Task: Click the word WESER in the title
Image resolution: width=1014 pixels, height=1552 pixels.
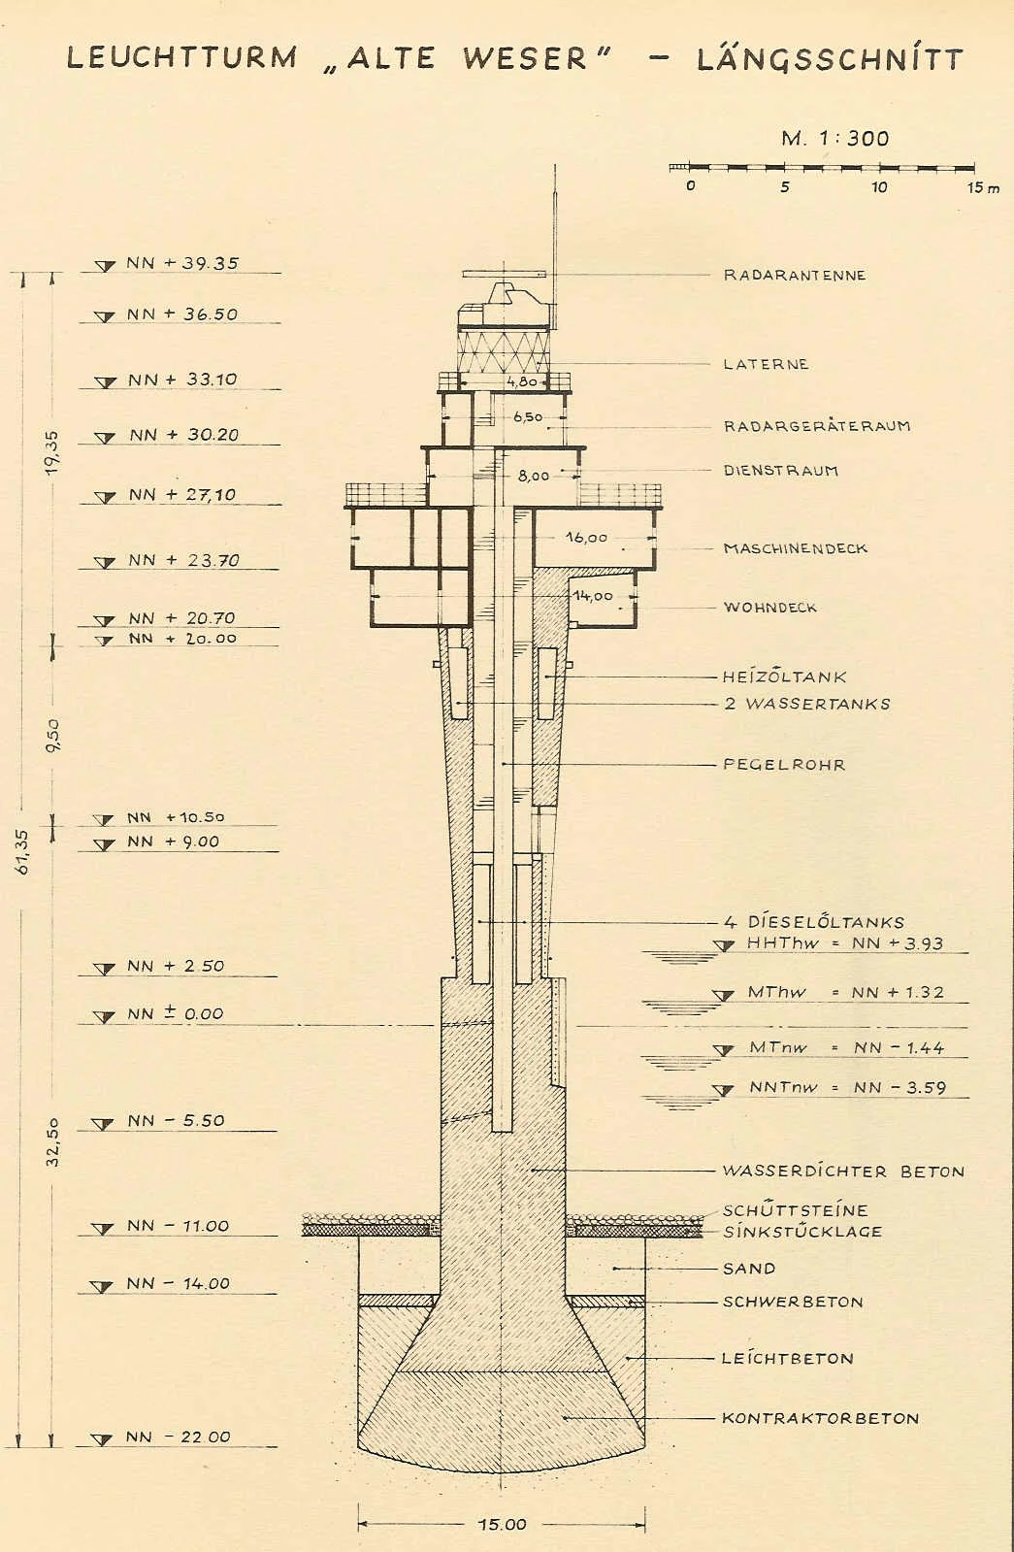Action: (525, 59)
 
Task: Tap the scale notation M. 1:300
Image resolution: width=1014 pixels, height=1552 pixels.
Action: (834, 138)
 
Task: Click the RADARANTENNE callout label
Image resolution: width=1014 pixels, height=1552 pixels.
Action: (795, 275)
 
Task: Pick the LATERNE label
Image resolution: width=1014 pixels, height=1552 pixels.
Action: (766, 364)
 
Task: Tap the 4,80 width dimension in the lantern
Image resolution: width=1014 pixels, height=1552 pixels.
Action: (521, 381)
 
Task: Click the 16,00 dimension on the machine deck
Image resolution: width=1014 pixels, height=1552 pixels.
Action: (586, 537)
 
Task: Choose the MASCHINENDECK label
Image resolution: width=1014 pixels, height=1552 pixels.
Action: (795, 548)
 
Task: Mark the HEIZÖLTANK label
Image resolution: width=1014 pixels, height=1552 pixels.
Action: (785, 677)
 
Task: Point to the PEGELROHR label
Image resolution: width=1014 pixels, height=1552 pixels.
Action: (784, 765)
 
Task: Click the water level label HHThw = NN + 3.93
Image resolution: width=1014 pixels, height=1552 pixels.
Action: (845, 943)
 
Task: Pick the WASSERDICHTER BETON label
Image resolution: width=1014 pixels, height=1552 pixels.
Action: (843, 1171)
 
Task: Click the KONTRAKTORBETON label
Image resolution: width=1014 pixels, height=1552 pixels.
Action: (820, 1418)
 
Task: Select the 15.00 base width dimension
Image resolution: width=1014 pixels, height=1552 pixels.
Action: (503, 1524)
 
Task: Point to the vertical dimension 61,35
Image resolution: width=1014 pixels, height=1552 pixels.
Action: (23, 851)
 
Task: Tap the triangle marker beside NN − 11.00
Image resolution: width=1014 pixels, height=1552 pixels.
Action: (103, 1229)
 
